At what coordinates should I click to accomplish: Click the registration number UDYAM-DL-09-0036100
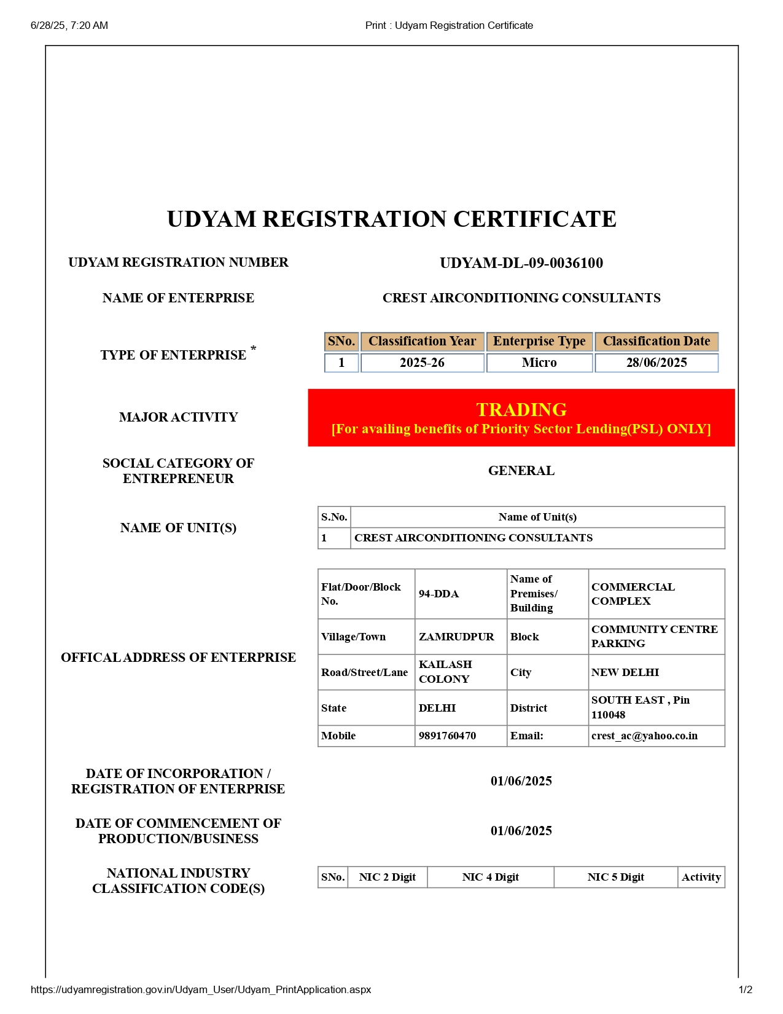pyautogui.click(x=521, y=263)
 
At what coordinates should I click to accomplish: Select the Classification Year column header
pyautogui.click(x=422, y=341)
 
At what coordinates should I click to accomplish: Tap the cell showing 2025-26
pyautogui.click(x=422, y=363)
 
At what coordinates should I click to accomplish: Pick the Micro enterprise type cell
pyautogui.click(x=539, y=363)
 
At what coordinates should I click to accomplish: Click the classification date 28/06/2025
pyautogui.click(x=656, y=363)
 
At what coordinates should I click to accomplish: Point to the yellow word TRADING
pyautogui.click(x=521, y=409)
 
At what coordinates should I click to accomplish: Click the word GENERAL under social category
pyautogui.click(x=521, y=471)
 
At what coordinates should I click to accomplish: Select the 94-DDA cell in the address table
pyautogui.click(x=438, y=594)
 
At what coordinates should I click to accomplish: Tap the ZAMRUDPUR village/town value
pyautogui.click(x=456, y=637)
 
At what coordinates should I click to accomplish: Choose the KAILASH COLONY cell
pyautogui.click(x=445, y=672)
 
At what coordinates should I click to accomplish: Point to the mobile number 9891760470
pyautogui.click(x=447, y=736)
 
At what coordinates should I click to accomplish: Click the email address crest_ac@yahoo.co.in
pyautogui.click(x=644, y=736)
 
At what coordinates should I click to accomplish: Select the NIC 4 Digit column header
pyautogui.click(x=490, y=877)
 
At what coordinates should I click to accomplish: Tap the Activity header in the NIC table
pyautogui.click(x=701, y=877)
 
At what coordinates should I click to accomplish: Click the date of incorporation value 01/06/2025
pyautogui.click(x=521, y=781)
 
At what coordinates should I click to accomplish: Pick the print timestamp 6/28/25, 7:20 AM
pyautogui.click(x=69, y=25)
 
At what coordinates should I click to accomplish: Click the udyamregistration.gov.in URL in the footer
pyautogui.click(x=201, y=989)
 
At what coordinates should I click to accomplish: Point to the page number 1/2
pyautogui.click(x=745, y=989)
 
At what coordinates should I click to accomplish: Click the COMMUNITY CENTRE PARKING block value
pyautogui.click(x=654, y=636)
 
